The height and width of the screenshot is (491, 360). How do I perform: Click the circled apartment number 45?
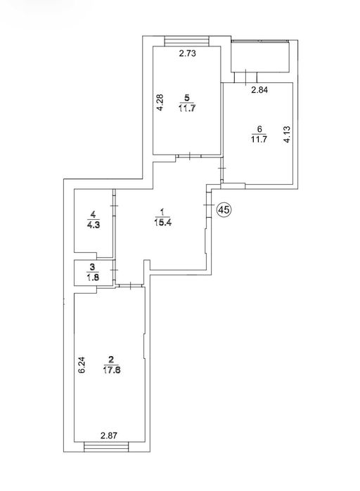point(224,209)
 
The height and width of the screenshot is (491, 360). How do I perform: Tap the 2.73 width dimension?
point(187,53)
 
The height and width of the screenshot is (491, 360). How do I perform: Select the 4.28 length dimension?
point(160,103)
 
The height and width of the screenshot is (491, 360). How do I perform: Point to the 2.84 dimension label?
point(259,90)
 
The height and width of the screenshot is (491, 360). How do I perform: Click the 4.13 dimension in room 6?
point(287,134)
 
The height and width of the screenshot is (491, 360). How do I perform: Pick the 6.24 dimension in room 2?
point(82,365)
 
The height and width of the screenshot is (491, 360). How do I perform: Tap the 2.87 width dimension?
point(109,436)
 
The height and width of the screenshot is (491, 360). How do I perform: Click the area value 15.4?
point(162,223)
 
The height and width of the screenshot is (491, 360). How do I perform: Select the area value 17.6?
point(112,370)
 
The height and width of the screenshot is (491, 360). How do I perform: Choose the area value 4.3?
point(94,225)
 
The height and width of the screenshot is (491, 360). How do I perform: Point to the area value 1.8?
point(92,277)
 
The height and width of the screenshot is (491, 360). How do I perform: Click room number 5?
point(187,98)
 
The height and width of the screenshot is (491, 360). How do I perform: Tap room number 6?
point(259,129)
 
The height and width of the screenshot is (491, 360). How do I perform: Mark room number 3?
point(92,267)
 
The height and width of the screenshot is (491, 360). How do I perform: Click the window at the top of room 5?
point(187,41)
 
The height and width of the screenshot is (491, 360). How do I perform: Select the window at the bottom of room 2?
point(107,447)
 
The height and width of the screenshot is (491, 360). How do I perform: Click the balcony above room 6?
point(259,55)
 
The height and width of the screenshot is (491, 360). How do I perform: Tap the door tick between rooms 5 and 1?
point(190,156)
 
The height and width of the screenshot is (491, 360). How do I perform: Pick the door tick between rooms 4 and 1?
point(114,206)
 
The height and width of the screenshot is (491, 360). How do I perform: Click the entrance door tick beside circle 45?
point(208,205)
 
